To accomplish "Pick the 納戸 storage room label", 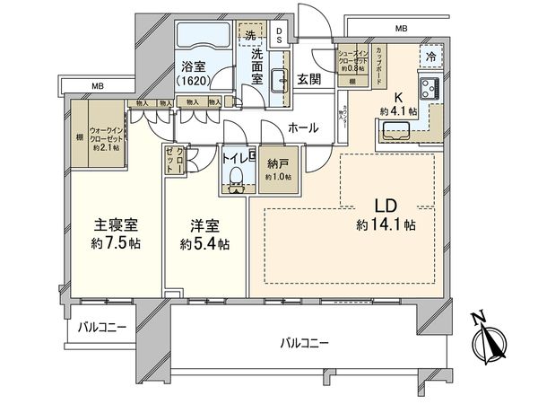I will [275, 164].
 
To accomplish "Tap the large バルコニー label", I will [302, 342].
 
